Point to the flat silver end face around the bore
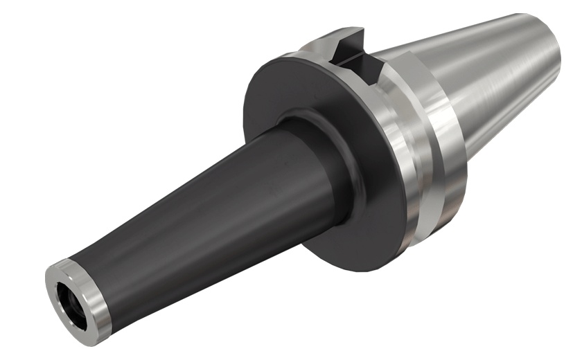coord(61,291)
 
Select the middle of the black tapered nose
coord(194,208)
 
